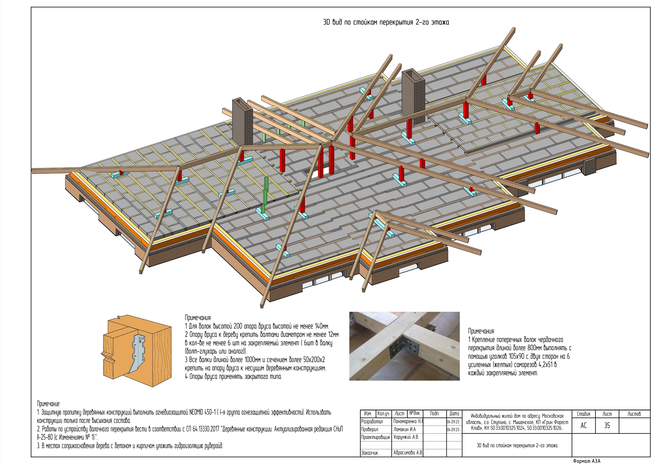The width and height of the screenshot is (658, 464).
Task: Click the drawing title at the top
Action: [x=386, y=22]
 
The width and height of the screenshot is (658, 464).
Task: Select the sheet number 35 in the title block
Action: [x=607, y=426]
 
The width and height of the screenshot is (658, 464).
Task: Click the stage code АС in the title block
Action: [x=584, y=426]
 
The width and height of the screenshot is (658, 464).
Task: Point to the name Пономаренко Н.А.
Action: [x=409, y=422]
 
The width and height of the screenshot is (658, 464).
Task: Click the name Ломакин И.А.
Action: [x=404, y=429]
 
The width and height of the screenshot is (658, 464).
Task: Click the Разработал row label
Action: [x=372, y=422]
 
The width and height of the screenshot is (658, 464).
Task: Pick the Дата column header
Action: [x=454, y=413]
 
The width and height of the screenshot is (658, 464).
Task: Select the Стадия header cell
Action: [x=584, y=414]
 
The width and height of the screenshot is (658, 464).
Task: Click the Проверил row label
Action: [x=369, y=429]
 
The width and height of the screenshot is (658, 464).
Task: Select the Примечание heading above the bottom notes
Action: [x=49, y=404]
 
